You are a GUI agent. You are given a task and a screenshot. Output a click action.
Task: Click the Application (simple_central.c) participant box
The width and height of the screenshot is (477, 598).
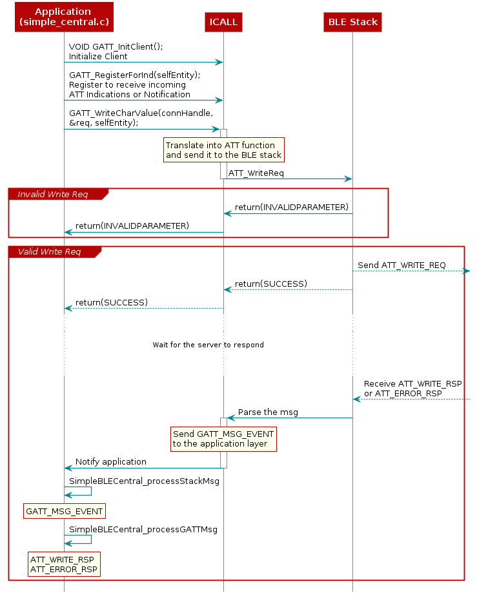[64, 17]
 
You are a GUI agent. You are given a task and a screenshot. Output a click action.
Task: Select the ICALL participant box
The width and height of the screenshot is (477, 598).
[223, 22]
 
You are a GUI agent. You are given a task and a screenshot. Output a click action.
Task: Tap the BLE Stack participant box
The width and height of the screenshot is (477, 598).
[352, 22]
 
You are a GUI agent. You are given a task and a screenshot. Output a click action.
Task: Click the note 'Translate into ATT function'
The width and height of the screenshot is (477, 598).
[223, 150]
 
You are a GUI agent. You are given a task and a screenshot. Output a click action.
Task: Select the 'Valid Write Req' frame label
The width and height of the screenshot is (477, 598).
[49, 251]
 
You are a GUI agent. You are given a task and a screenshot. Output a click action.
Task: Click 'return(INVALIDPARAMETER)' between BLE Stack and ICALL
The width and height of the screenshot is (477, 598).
[292, 207]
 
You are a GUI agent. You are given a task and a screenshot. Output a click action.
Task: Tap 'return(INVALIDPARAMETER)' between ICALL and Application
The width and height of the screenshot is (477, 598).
[132, 226]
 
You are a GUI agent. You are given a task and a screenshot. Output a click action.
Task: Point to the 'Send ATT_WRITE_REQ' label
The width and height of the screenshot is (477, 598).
[401, 265]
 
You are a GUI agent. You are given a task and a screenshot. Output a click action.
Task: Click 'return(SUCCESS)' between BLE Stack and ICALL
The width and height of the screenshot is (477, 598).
[270, 284]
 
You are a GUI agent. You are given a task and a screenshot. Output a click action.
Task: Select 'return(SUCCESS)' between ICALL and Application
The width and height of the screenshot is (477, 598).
[111, 302]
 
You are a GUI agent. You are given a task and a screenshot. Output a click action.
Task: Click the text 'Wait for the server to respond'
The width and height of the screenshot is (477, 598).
[208, 345]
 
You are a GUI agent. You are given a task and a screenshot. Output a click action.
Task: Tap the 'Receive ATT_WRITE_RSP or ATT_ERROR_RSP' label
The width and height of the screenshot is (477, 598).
[412, 388]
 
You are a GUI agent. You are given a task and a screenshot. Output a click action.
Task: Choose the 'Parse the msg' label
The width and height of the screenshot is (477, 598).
[268, 412]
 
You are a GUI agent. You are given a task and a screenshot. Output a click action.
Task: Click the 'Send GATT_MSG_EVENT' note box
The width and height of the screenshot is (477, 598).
[223, 439]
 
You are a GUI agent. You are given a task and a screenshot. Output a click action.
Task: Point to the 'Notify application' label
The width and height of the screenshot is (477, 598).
[110, 462]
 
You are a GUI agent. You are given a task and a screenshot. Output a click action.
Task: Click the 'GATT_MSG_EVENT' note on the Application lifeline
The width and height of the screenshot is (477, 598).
[64, 512]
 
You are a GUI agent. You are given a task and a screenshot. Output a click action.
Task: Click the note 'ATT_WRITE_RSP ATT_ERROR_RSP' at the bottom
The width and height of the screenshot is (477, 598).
[64, 564]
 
